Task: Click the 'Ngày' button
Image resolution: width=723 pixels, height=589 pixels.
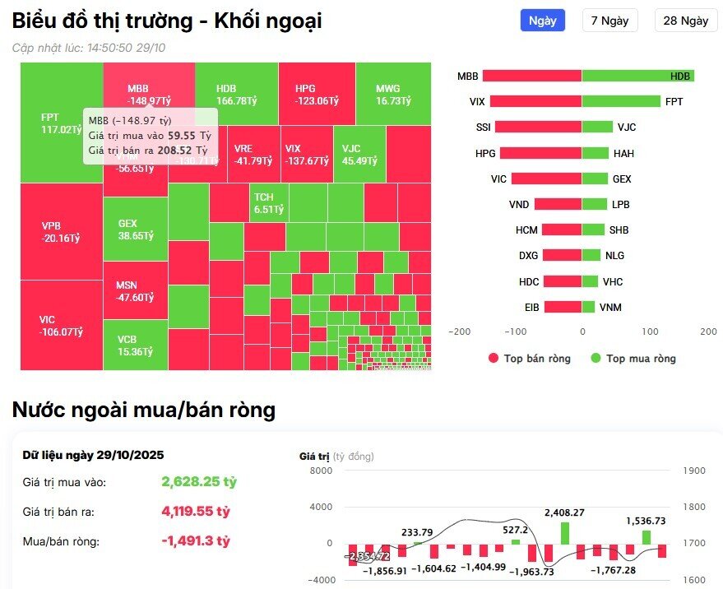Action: [x=542, y=21]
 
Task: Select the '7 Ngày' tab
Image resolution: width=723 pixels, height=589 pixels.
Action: [x=609, y=21]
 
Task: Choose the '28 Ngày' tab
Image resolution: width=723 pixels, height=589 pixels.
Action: [x=685, y=21]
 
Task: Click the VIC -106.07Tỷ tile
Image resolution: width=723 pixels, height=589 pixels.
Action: [x=61, y=326]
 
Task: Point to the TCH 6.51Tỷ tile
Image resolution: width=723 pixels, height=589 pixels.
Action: [x=269, y=203]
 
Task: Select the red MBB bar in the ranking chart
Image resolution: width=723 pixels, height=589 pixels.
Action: [x=532, y=77]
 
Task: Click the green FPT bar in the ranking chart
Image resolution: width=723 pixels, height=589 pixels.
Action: [x=621, y=102]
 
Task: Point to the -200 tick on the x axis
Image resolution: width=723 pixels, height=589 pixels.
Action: [x=460, y=332]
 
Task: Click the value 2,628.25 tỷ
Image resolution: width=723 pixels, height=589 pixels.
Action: [x=198, y=481]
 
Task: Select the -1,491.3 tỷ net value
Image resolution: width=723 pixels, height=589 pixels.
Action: [x=195, y=540]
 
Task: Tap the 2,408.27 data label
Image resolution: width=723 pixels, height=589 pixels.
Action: [x=564, y=512]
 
